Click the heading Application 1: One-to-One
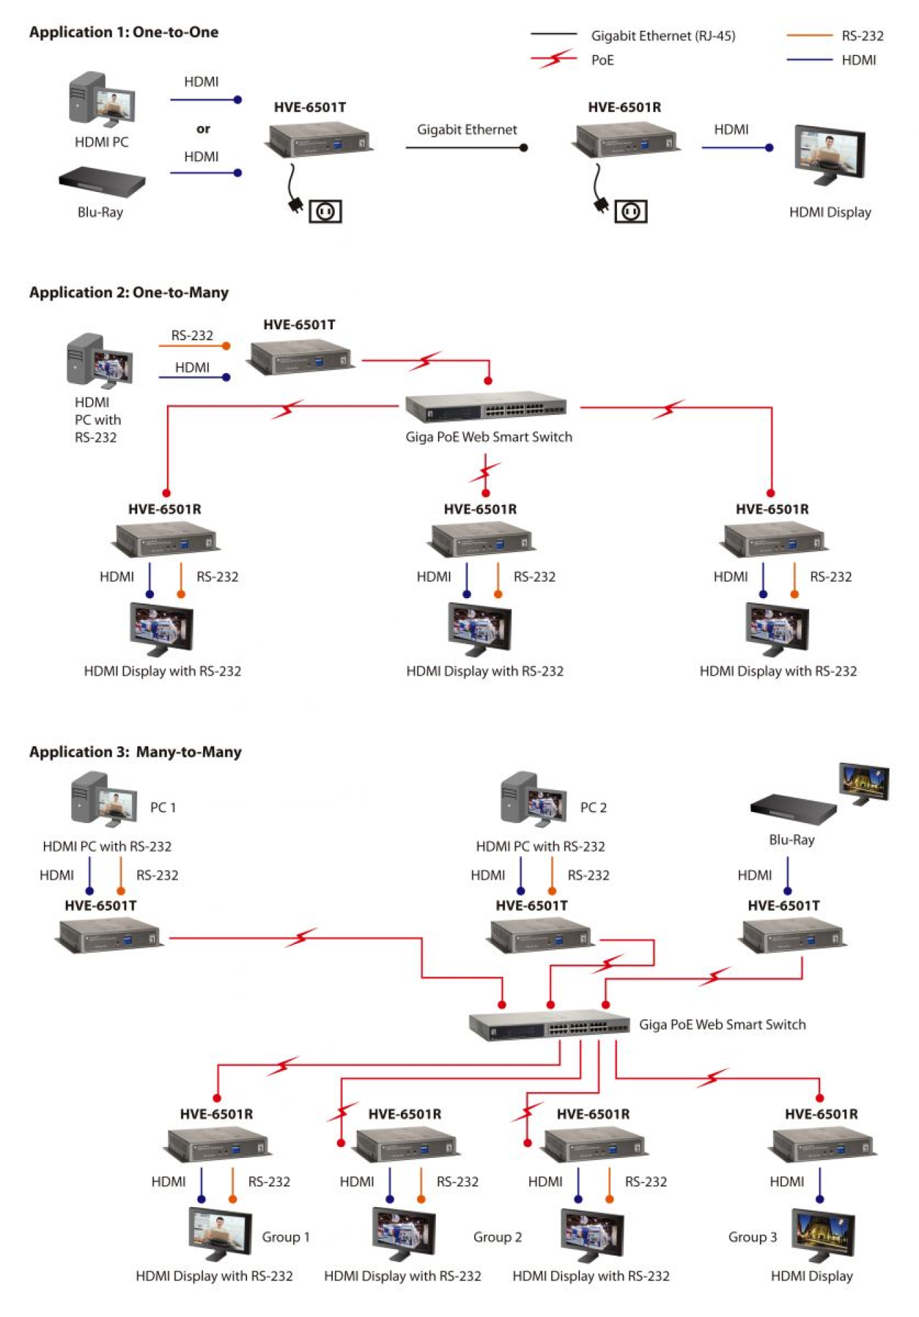point(124,32)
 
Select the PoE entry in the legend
point(602,60)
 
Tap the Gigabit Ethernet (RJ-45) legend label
point(662,36)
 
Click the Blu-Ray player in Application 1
point(102,182)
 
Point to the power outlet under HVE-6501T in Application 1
point(325,211)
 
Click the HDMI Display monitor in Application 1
point(829,154)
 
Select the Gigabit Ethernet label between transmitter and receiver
point(467,130)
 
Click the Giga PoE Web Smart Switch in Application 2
point(485,409)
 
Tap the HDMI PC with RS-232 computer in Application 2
point(100,361)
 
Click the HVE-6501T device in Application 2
point(300,357)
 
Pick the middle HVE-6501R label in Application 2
point(480,509)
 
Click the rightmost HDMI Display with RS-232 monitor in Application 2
point(777,628)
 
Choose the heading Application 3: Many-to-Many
point(135,752)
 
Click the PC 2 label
point(593,807)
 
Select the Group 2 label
point(497,1237)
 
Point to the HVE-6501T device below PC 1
point(108,935)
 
